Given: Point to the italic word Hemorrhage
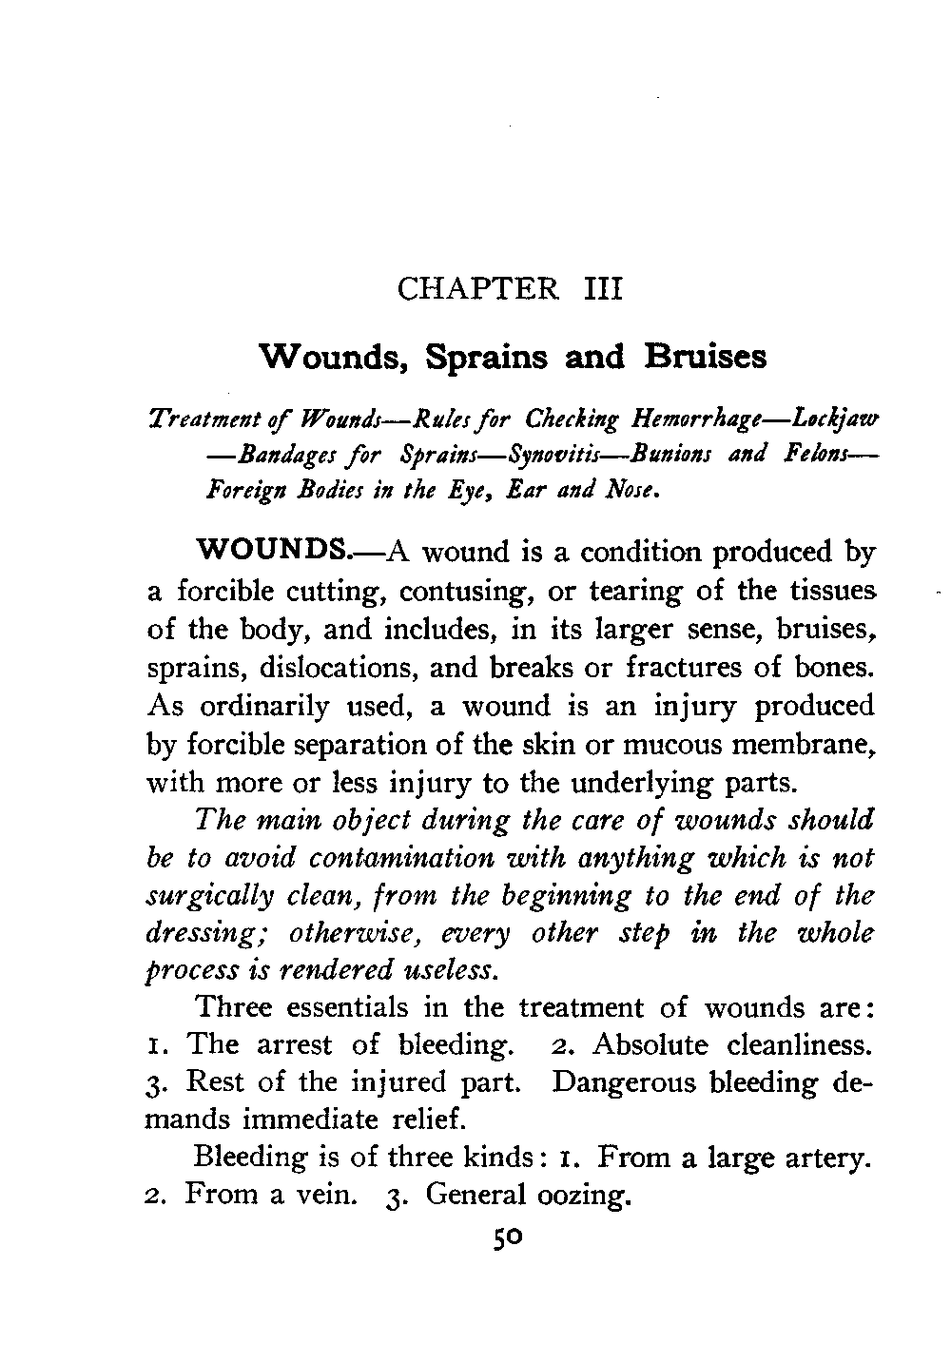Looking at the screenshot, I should click(700, 419).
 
